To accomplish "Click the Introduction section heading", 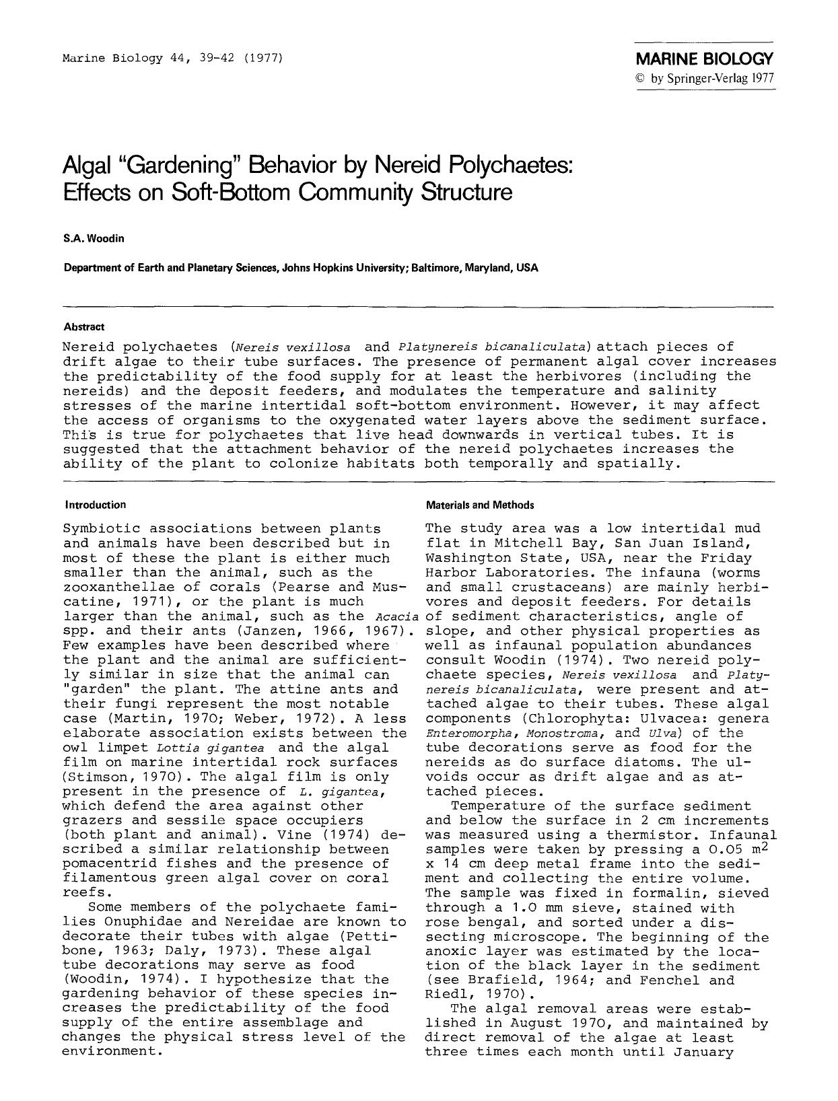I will pos(95,505).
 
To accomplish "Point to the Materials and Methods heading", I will pos(480,505).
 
